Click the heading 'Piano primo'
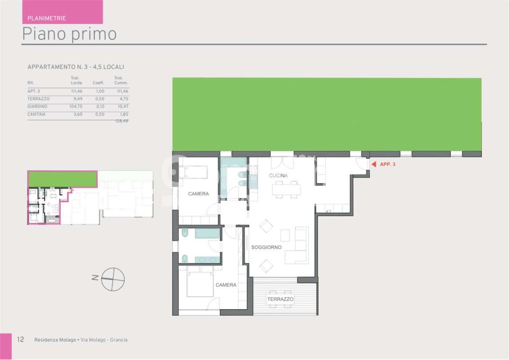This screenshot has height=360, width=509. [69, 34]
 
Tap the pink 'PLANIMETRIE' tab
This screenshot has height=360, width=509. [46, 18]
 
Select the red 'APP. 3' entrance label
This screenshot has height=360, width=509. [387, 164]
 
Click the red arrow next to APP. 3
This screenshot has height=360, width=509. [374, 164]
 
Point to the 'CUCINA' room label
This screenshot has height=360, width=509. [278, 176]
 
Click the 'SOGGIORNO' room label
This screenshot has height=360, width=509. [266, 247]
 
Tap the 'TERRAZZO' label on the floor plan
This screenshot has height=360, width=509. [280, 299]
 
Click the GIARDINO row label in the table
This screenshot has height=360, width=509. [37, 106]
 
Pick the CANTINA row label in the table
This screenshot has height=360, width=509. [36, 114]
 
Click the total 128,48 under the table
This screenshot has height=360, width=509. [122, 121]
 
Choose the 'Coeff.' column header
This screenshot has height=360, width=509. [98, 82]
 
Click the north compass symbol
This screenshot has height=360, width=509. [112, 279]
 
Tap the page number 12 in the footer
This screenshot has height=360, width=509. [20, 340]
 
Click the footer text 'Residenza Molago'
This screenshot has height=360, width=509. [55, 340]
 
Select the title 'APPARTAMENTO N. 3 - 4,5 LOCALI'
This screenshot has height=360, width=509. [76, 67]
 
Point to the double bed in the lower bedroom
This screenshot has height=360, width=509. [200, 283]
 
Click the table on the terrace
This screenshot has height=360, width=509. [280, 299]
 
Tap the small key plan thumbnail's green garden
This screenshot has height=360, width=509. [62, 179]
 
